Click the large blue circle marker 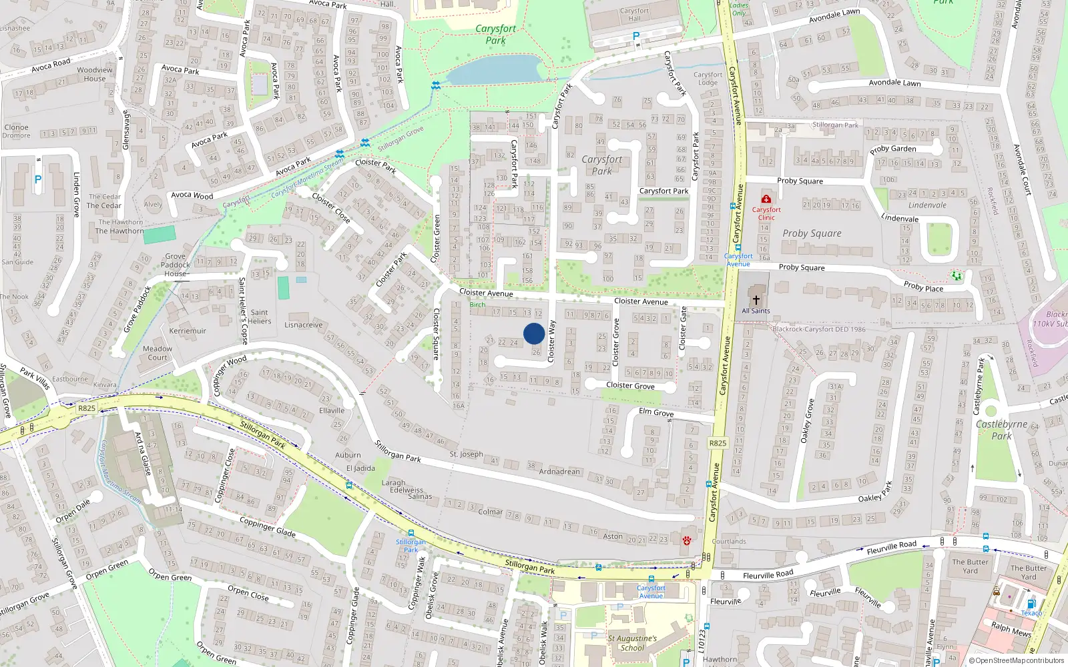pos(534,333)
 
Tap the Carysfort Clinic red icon pos(766,199)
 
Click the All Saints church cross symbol pos(756,300)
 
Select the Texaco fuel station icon pos(1031,604)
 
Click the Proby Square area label pos(812,233)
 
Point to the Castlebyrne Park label pos(1001,430)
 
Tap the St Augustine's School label pos(631,643)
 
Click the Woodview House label pos(95,74)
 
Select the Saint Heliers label pos(260,316)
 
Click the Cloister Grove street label pos(630,386)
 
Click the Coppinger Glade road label pos(267,528)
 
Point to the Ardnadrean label pos(559,472)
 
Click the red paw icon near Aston pos(686,540)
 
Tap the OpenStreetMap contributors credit pos(1016,660)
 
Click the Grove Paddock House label pos(176,265)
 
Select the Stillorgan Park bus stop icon pos(411,533)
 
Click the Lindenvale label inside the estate pos(926,205)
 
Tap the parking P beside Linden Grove pos(38,179)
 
